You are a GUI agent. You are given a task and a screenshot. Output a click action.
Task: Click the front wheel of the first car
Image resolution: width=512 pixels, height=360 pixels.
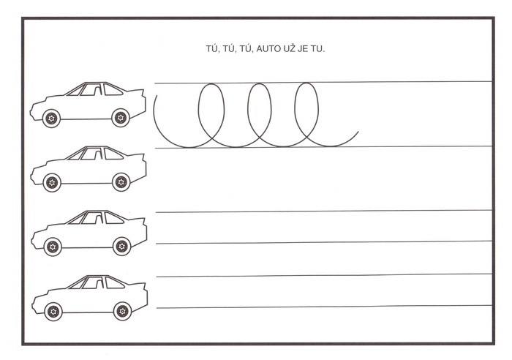tap(51, 118)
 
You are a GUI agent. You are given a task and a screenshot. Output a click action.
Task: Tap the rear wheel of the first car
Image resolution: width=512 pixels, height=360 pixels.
tap(121, 118)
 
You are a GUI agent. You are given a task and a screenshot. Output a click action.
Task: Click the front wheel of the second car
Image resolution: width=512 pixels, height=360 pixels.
tap(52, 182)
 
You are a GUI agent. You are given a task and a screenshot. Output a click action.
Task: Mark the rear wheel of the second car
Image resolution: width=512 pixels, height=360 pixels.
tap(121, 182)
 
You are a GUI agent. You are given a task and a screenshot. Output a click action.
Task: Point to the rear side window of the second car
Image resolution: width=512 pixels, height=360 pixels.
tap(113, 154)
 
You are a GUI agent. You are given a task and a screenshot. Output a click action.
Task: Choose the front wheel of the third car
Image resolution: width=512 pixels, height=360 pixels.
tap(53, 247)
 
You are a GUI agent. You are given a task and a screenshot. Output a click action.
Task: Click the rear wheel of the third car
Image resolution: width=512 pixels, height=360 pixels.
tap(122, 246)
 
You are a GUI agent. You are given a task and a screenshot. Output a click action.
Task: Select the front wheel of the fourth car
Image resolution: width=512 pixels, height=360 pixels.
tap(53, 311)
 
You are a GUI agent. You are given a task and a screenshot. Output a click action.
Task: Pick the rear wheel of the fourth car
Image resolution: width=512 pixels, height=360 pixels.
tap(122, 311)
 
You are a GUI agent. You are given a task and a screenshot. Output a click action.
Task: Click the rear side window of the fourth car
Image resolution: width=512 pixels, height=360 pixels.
tap(114, 283)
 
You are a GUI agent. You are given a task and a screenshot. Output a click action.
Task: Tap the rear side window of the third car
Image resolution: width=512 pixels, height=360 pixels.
tap(113, 218)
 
